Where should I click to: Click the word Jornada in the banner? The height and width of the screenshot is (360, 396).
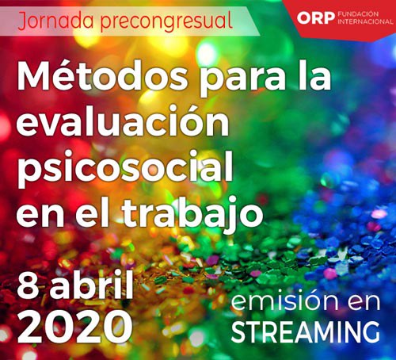pos(55,21)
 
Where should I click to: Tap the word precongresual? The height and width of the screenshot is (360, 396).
pos(166,21)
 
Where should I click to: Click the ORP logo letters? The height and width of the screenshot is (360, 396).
pos(316,18)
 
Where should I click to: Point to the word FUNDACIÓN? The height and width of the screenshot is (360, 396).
pos(358,14)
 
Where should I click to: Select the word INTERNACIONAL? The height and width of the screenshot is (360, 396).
pos(365,21)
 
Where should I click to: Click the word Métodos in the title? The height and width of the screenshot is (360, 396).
pos(102,76)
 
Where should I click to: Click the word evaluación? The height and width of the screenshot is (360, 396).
pos(123,121)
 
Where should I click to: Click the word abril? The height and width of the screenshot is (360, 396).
pos(92,284)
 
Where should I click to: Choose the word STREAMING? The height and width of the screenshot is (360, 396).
pos(306,331)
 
